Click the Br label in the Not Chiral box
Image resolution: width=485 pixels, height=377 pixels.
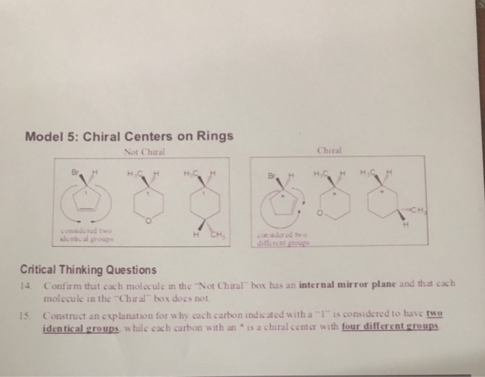point(68,168)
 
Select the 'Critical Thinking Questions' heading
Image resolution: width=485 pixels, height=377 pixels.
point(89,269)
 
